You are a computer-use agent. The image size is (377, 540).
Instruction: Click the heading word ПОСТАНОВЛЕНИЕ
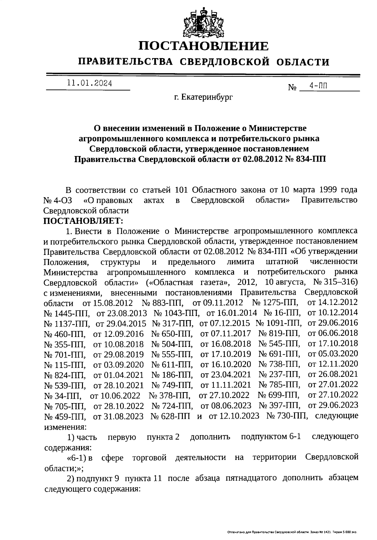(204, 46)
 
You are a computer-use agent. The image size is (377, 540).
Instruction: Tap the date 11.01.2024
(89, 84)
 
